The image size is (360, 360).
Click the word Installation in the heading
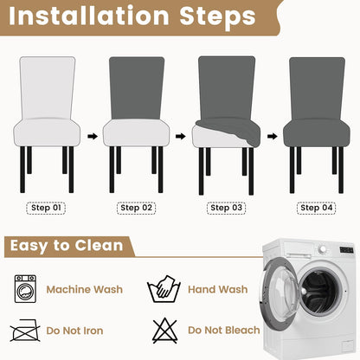[89, 16]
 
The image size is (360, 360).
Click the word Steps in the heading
[218, 16]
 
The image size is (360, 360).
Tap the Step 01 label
[46, 208]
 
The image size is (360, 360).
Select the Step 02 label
[136, 208]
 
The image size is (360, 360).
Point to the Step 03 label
[226, 208]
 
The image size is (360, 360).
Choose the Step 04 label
[317, 208]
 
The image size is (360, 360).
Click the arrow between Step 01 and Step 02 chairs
[93, 136]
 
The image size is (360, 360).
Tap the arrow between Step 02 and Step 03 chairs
[181, 136]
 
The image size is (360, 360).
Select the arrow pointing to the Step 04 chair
[272, 136]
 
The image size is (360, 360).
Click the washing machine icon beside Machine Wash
[25, 289]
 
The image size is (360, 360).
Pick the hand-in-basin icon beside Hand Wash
[164, 289]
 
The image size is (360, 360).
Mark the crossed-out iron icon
[25, 331]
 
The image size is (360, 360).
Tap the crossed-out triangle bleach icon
[164, 331]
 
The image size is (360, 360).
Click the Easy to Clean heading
[67, 246]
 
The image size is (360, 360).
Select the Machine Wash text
[85, 289]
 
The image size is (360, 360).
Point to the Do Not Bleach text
[224, 331]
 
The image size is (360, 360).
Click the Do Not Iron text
[74, 331]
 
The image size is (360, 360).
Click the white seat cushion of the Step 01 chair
[47, 132]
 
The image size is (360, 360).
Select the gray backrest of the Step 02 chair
[137, 88]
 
